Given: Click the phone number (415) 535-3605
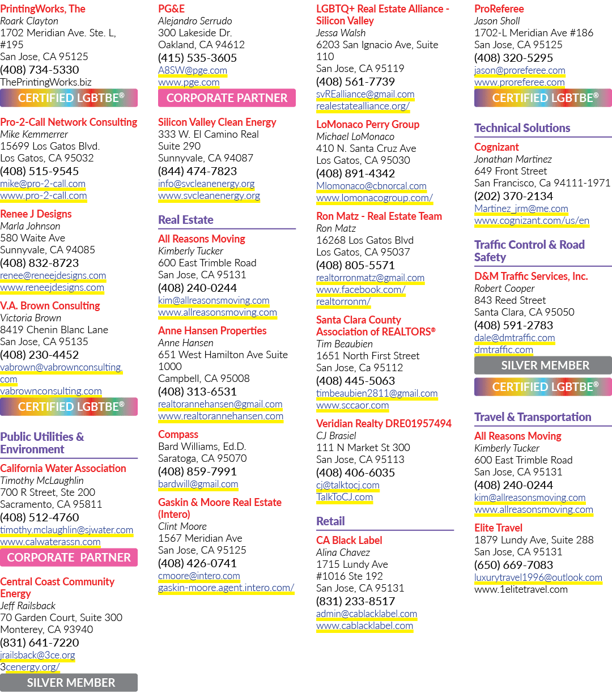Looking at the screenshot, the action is [x=197, y=58].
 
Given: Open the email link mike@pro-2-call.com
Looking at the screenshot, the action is [x=42, y=184].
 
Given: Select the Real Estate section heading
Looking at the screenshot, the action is [x=185, y=220].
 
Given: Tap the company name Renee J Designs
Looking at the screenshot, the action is [x=36, y=214].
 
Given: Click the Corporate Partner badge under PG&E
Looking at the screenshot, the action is [x=227, y=98].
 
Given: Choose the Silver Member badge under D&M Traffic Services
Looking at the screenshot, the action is [x=543, y=365].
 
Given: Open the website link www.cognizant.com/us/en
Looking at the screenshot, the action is [x=532, y=220].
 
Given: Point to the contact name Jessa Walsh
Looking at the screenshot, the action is [x=341, y=33].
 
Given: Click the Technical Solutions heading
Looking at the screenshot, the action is [x=522, y=128].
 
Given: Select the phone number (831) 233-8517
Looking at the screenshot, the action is [x=355, y=601].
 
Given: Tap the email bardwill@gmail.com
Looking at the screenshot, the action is [x=198, y=484].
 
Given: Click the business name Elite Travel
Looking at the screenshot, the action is [x=498, y=528].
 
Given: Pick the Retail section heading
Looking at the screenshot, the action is [x=330, y=521].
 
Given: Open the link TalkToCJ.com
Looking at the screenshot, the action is [x=345, y=497].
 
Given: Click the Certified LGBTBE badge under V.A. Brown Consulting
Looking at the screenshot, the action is [x=69, y=407].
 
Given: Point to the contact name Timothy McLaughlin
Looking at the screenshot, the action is [x=42, y=481].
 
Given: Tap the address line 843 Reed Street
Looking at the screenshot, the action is [x=510, y=300].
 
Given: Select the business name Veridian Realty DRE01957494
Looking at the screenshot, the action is [x=384, y=424].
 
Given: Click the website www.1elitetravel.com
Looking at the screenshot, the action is [x=521, y=589].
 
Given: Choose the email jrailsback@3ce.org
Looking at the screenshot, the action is [x=37, y=655].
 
